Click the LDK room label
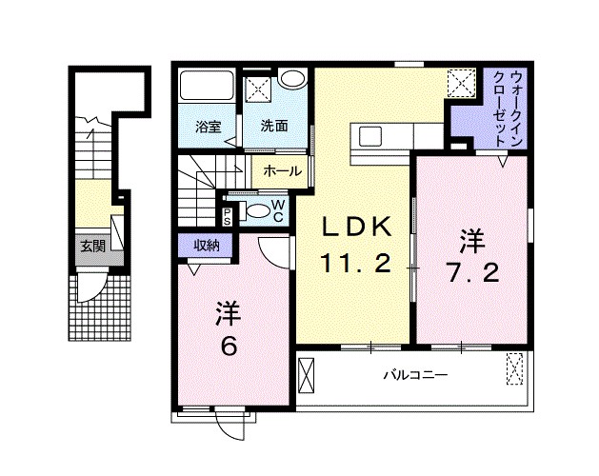(x=354, y=228)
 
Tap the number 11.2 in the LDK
(x=354, y=265)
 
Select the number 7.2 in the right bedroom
(x=471, y=274)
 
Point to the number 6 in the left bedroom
(x=229, y=347)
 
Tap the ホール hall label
(x=282, y=171)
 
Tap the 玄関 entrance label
(x=92, y=246)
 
